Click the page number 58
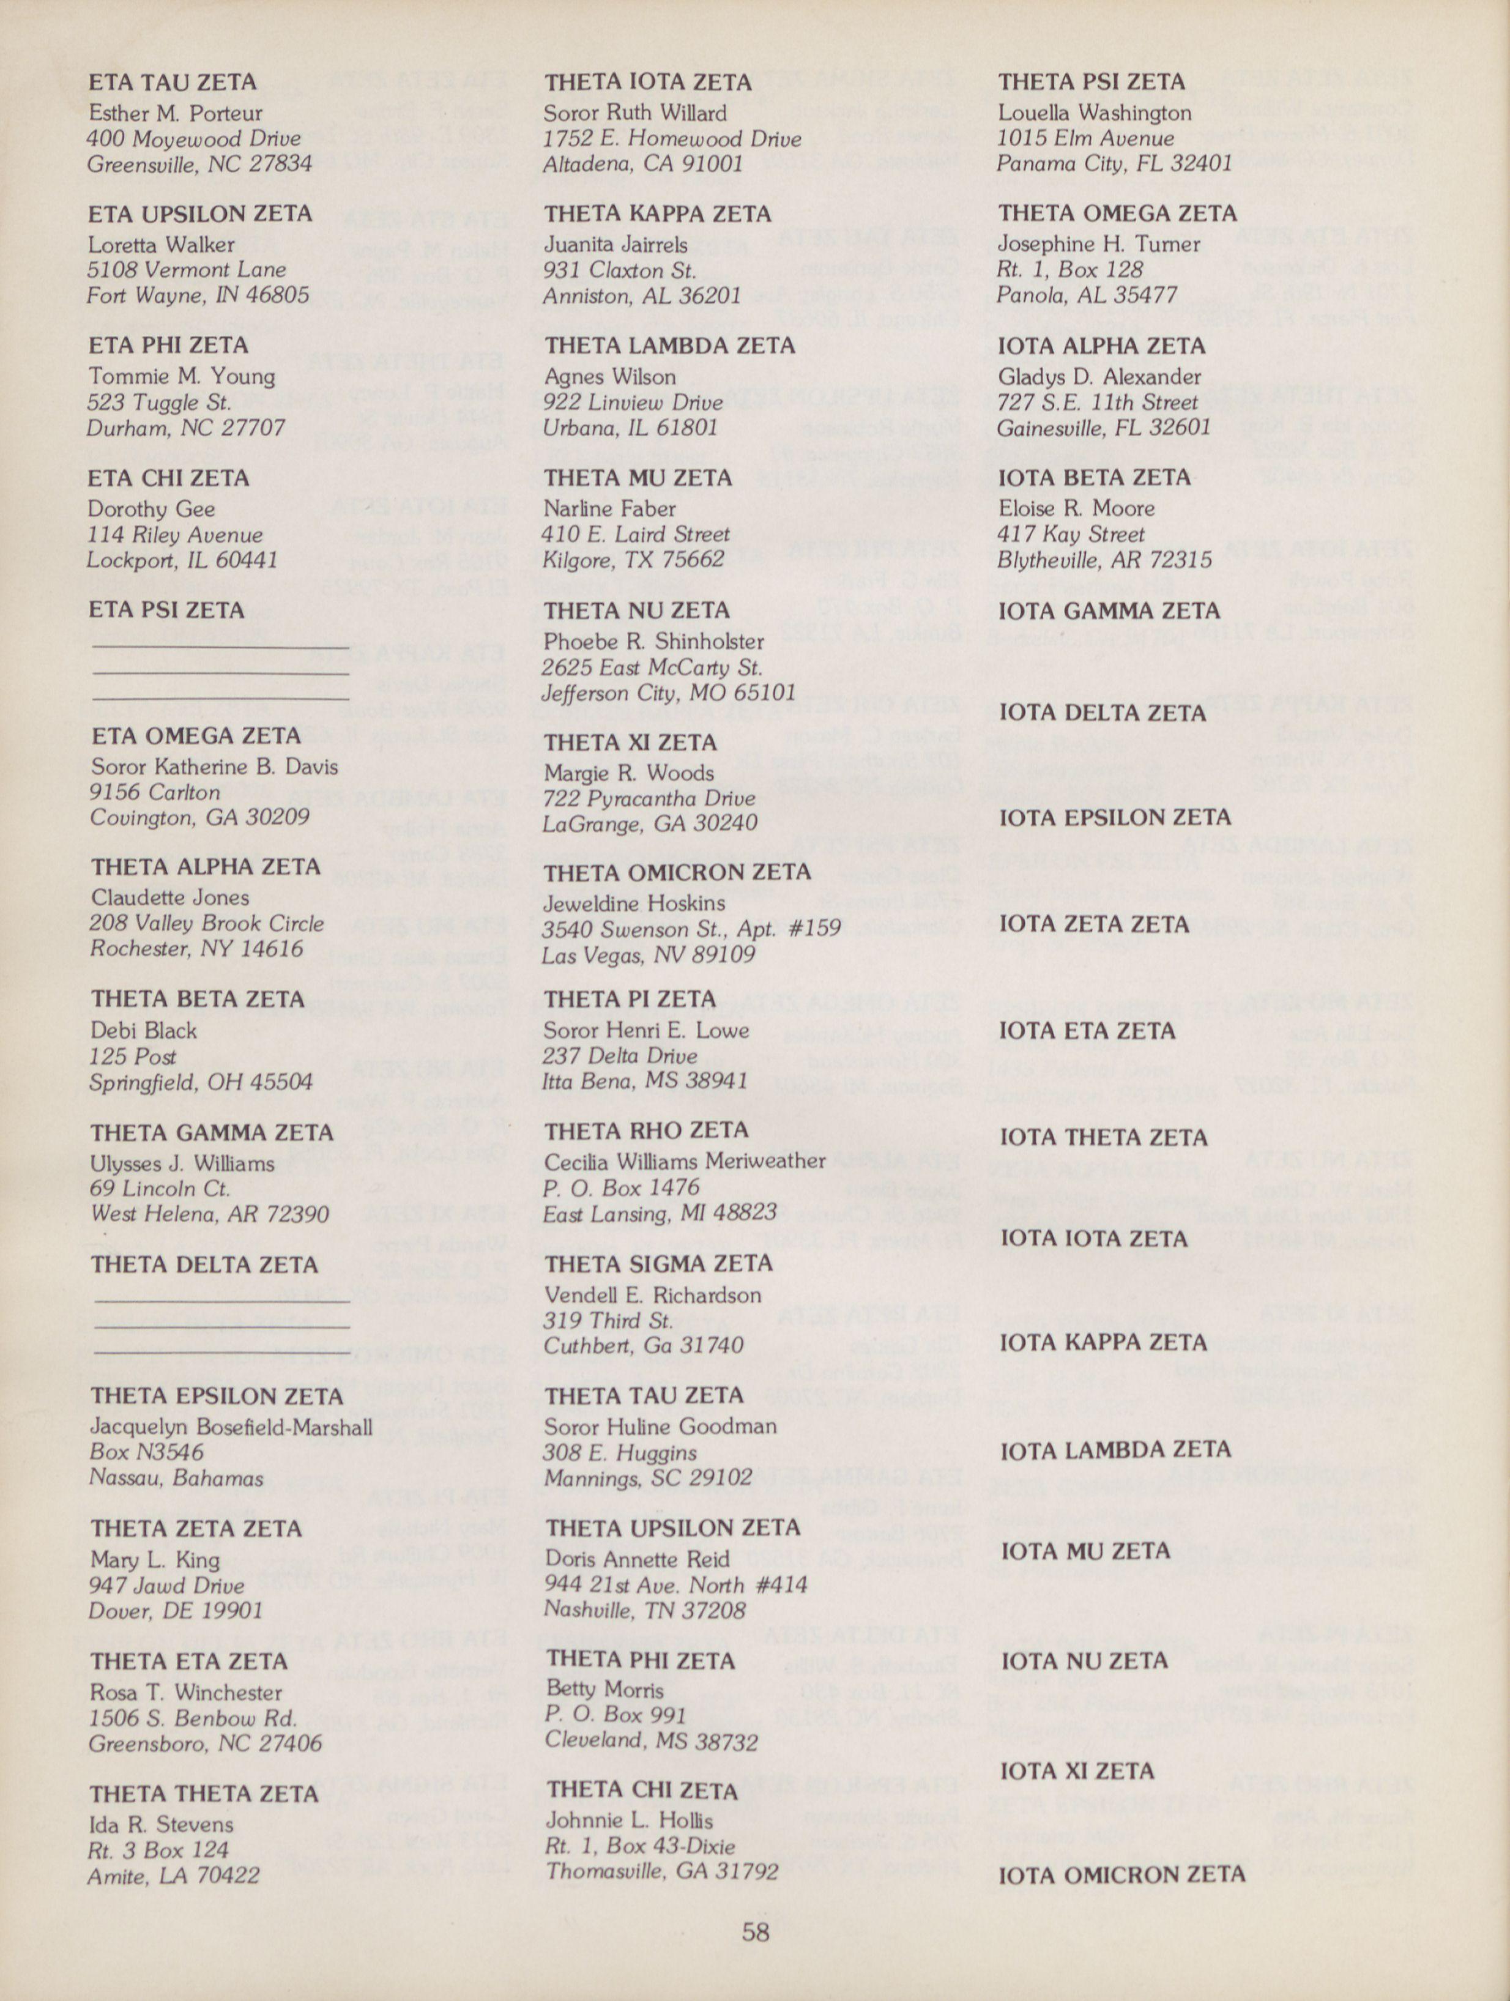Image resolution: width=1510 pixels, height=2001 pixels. click(756, 1933)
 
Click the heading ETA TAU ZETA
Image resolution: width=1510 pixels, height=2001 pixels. click(172, 83)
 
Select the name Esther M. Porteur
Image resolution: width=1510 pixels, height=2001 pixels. click(176, 114)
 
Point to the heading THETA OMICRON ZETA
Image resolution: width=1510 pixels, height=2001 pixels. click(678, 872)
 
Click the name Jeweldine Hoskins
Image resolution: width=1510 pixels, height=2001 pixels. click(634, 904)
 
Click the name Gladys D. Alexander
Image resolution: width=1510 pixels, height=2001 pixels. click(1099, 377)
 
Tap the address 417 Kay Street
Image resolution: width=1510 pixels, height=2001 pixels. click(1071, 535)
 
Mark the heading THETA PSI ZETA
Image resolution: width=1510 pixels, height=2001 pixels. click(1091, 83)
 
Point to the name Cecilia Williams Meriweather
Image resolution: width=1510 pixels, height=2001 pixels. click(685, 1160)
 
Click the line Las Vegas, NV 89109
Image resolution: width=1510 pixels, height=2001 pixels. click(648, 956)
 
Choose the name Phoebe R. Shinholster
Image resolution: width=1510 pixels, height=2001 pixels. click(654, 641)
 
